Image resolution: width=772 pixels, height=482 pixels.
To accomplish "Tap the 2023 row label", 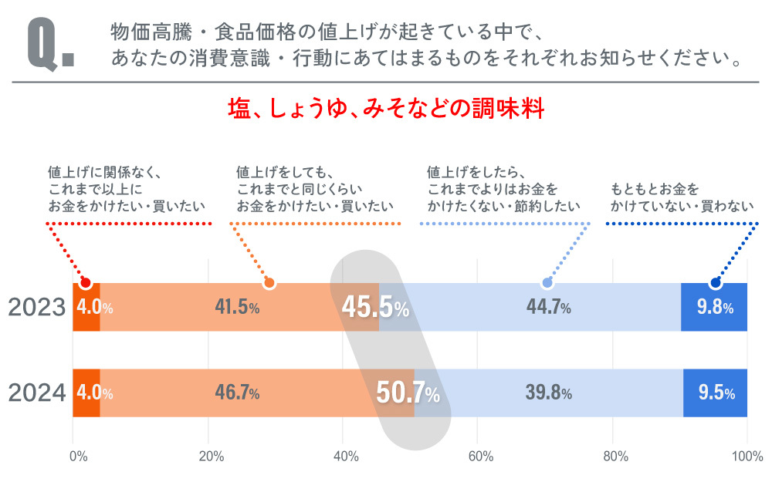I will [36, 308].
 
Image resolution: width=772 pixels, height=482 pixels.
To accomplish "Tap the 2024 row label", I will [36, 393].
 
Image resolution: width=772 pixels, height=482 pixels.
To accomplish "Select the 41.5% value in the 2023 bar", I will [237, 308].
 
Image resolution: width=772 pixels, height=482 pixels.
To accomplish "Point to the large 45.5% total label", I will [375, 308].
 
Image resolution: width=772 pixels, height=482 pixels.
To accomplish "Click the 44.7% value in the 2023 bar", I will [548, 308].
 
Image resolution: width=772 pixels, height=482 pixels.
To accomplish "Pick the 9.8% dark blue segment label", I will [714, 308].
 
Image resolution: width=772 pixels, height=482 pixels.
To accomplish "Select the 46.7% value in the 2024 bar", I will [237, 393].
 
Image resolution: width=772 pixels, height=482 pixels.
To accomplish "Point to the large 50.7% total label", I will [408, 393].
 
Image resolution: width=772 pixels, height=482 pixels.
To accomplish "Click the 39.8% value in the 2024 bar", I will [548, 393].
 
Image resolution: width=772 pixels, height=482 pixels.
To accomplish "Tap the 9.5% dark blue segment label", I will [716, 393].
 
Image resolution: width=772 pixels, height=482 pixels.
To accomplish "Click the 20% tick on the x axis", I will [211, 456].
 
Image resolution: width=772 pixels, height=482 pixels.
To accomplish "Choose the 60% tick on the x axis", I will [480, 456].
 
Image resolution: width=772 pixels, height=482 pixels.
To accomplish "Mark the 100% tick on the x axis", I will [746, 456].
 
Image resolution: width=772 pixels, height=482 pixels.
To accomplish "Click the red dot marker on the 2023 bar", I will [86, 283].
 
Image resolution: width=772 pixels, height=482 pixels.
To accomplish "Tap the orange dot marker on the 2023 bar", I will [269, 283].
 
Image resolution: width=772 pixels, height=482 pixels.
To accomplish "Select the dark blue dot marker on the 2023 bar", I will [715, 283].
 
